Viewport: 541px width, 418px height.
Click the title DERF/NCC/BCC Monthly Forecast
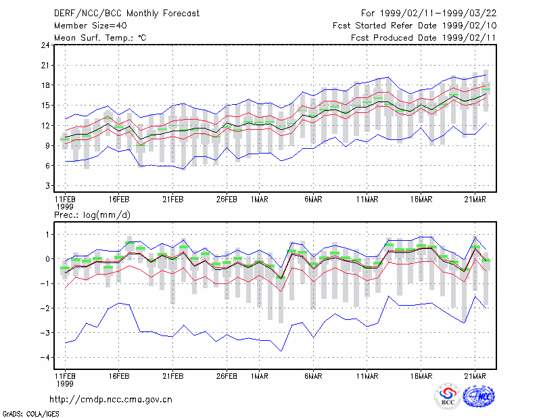[x=126, y=14]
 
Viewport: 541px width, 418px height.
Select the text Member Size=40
[x=91, y=26]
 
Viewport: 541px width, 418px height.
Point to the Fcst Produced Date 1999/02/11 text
[x=424, y=38]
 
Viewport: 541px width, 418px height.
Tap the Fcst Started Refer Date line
[x=415, y=26]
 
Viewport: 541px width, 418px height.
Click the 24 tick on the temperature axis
[x=45, y=45]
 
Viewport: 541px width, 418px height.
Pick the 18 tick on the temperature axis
[x=45, y=85]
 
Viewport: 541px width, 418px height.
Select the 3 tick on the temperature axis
[x=47, y=186]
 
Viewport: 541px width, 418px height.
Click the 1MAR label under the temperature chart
[x=260, y=200]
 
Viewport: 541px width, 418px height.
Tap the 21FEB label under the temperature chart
[x=173, y=200]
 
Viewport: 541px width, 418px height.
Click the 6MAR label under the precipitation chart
[x=313, y=376]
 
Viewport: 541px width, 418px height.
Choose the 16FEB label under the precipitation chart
[x=119, y=376]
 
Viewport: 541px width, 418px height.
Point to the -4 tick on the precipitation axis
[x=45, y=358]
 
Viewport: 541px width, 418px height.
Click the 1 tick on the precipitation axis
[x=48, y=235]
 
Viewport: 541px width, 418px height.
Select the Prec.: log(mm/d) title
[x=92, y=215]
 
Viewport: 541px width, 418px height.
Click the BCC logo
[x=448, y=396]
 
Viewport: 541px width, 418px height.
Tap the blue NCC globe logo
[x=479, y=396]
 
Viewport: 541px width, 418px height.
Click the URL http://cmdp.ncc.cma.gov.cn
[x=111, y=400]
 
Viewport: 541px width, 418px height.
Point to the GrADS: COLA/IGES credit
[x=31, y=414]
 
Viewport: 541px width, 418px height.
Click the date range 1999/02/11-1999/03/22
[x=438, y=14]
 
